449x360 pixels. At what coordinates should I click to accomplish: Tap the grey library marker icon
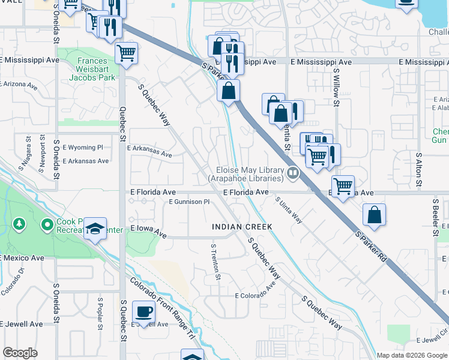pos(293,173)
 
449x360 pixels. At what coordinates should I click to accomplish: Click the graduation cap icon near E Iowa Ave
pos(95,229)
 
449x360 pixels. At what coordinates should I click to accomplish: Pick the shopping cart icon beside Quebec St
pos(127,53)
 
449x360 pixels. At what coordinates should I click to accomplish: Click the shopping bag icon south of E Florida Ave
pos(374,215)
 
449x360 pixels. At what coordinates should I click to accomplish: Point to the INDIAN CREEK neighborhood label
pos(242,227)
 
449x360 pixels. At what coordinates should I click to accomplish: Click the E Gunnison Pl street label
pos(188,202)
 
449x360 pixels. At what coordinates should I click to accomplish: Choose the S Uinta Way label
pos(289,211)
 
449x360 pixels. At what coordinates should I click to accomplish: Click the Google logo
pos(20,353)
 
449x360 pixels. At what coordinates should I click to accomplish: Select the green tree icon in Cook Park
pos(20,224)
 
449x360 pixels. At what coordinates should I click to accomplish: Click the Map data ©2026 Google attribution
pos(412,355)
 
